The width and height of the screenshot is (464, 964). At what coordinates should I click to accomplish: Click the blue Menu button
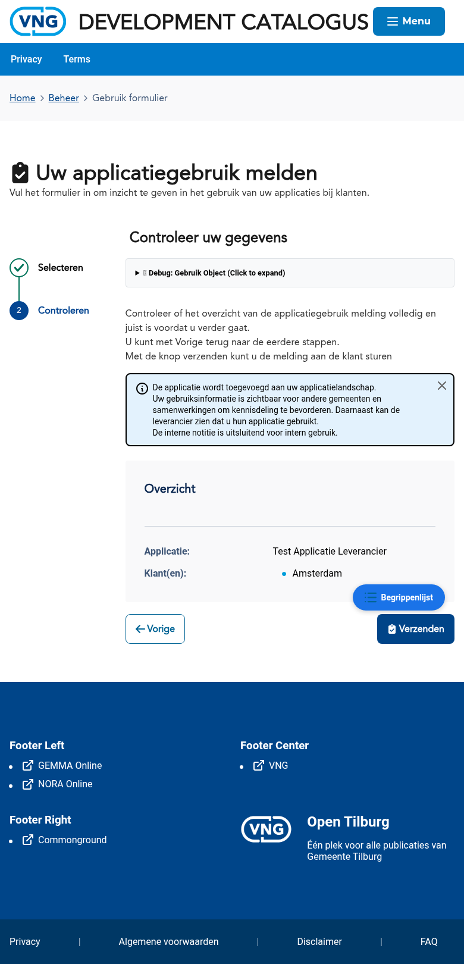(409, 21)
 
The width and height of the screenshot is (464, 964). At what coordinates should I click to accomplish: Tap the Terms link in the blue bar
(77, 60)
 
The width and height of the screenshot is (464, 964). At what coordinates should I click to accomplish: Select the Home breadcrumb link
(23, 98)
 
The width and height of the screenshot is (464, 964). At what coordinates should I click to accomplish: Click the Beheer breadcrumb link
(64, 98)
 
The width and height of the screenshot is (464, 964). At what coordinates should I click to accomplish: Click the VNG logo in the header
(38, 22)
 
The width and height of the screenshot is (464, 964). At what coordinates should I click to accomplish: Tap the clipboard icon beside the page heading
(20, 173)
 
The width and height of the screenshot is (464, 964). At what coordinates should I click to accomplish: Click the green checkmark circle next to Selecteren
(19, 268)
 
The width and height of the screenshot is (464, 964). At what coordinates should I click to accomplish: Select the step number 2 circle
(19, 311)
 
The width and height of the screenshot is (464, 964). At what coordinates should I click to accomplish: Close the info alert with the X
(442, 386)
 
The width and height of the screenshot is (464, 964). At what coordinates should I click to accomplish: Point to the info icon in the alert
(142, 389)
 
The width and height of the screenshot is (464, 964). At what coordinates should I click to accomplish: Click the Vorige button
(155, 629)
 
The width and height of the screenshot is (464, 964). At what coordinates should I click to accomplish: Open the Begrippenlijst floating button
(399, 597)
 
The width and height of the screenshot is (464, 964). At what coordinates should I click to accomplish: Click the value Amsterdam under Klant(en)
(317, 574)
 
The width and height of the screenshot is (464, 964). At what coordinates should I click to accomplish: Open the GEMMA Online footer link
(70, 766)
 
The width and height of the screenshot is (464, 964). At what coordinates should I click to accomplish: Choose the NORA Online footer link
(65, 784)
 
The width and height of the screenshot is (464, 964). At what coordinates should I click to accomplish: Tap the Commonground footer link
(72, 840)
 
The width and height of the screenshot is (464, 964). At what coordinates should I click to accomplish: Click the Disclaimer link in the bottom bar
(319, 942)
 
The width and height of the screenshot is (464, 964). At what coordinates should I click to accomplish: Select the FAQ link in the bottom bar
(429, 942)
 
